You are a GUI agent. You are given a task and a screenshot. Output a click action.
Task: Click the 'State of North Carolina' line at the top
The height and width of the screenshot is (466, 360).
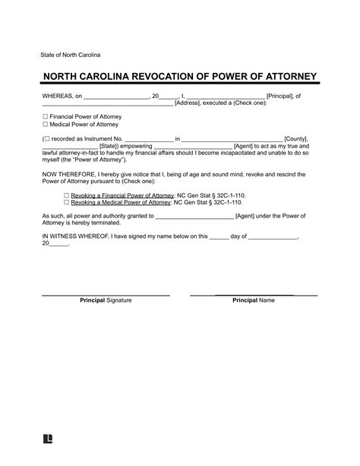click(x=70, y=56)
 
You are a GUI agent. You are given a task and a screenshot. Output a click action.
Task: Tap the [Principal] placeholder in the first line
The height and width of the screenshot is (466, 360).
click(x=284, y=97)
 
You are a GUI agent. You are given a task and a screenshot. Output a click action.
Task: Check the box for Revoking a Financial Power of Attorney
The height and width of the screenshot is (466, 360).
click(x=67, y=195)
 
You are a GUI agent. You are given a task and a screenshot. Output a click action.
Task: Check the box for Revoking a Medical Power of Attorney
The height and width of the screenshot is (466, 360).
click(x=67, y=203)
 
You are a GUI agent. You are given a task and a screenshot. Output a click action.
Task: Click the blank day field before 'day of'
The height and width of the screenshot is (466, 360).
click(x=219, y=236)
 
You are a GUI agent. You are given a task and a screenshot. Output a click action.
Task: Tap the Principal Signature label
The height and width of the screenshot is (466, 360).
click(x=106, y=300)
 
